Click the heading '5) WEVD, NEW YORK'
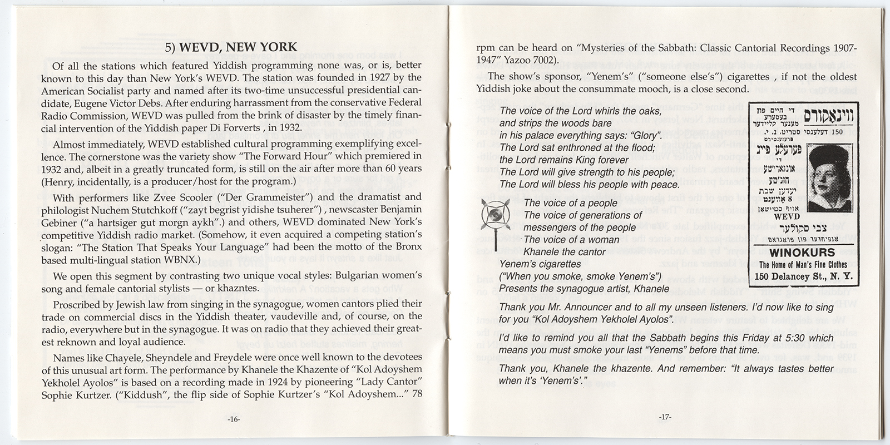click(233, 47)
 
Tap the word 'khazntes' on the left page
click(240, 289)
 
